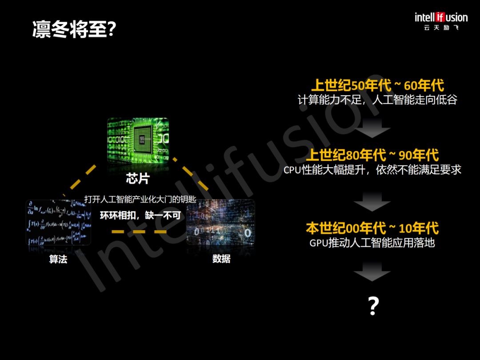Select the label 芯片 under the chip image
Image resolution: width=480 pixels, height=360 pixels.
pos(138,179)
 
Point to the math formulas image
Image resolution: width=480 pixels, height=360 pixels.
pos(58,222)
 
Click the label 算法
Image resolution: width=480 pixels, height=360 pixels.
pos(58,259)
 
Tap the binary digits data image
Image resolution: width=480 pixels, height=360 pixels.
pos(221,222)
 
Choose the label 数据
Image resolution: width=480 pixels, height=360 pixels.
pos(221,259)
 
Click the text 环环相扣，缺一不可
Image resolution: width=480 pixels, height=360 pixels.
pos(140,216)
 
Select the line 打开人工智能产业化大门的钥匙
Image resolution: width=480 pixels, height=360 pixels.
pos(140,200)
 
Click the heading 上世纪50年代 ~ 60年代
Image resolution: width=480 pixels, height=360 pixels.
pos(377,85)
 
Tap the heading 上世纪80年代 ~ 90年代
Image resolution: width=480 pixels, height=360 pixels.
pos(372,155)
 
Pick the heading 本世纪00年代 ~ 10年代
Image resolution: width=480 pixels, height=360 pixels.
pos(372,228)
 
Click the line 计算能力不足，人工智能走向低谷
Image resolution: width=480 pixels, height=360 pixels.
pos(377,100)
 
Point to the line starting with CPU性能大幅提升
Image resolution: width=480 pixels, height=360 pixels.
pos(372,170)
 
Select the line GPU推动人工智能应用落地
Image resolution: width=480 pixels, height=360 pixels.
pos(372,243)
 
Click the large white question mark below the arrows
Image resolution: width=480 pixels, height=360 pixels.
pos(373,306)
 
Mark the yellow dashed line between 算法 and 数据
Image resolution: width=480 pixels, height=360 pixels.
pos(139,232)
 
